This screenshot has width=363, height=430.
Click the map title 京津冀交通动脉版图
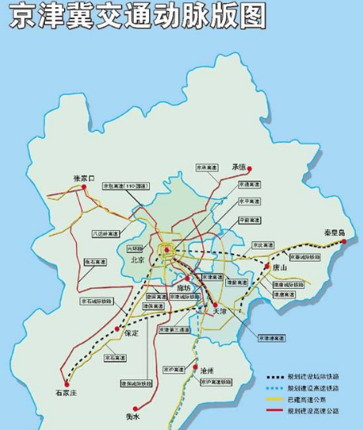tap(137, 16)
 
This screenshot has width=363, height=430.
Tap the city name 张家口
tap(84, 177)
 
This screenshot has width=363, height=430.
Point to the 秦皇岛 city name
tap(328, 232)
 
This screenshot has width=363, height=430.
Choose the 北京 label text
tap(135, 260)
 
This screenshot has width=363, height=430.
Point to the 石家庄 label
tap(67, 393)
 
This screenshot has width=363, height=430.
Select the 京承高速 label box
tap(207, 168)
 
